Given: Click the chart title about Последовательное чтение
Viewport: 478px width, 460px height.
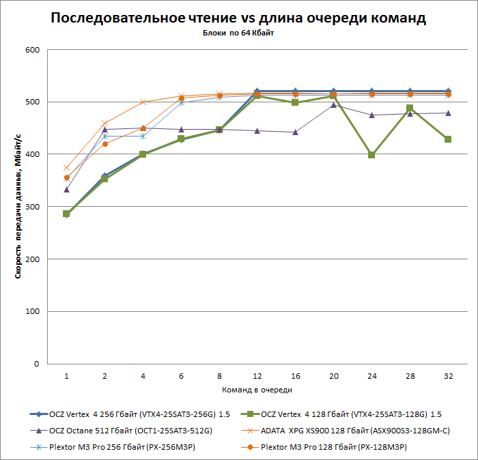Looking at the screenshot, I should click(x=238, y=18).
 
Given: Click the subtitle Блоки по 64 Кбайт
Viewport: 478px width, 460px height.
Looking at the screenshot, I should click(x=238, y=33).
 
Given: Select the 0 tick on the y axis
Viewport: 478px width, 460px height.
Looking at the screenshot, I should click(x=38, y=364).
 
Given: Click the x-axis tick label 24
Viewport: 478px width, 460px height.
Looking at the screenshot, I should click(x=371, y=375).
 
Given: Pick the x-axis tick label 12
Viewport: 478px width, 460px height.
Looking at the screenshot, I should click(x=257, y=375).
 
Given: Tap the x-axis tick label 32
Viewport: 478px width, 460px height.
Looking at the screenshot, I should click(x=448, y=375).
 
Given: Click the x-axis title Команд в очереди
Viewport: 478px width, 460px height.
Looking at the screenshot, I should click(x=257, y=390).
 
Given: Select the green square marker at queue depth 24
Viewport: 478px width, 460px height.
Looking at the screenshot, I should click(x=371, y=155).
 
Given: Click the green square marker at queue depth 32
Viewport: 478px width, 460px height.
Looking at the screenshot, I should click(x=448, y=139).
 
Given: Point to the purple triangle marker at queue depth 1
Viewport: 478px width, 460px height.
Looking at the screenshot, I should click(x=66, y=190).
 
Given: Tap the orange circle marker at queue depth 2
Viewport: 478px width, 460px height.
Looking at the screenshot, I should click(x=104, y=144).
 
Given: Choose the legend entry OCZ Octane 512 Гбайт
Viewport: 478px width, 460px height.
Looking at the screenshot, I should click(x=130, y=430).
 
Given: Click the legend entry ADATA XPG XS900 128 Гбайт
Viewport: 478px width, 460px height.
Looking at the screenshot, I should click(x=349, y=430).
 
